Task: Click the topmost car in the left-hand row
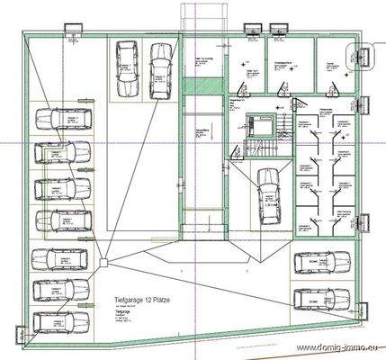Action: [x=66, y=121]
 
